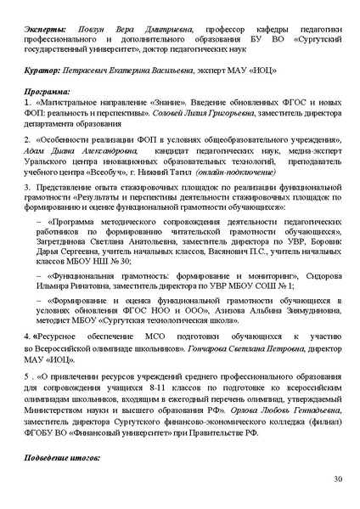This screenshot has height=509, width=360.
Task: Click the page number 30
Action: [x=337, y=479]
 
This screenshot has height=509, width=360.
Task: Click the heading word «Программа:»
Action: [x=49, y=88]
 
